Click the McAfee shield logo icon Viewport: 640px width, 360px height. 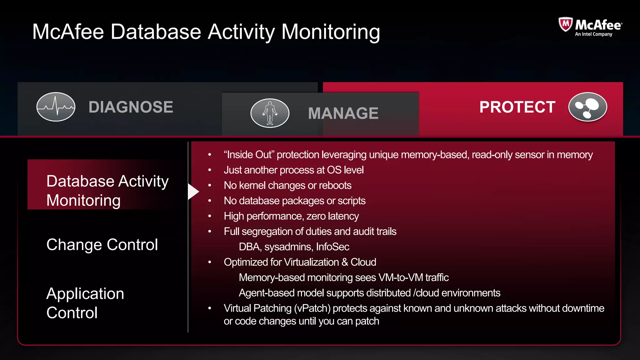(565, 24)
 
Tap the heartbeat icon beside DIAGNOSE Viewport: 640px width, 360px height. (56, 107)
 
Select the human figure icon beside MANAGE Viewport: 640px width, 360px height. (270, 113)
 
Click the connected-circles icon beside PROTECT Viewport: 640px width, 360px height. (587, 107)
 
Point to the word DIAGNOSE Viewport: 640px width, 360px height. (131, 107)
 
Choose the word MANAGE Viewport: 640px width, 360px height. (343, 113)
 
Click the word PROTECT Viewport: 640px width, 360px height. (517, 107)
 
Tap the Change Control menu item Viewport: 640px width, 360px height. (102, 244)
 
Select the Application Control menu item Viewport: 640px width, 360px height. (85, 303)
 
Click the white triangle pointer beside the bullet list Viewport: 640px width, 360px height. (193, 192)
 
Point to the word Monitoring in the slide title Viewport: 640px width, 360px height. (331, 32)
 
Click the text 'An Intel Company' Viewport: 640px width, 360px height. (593, 34)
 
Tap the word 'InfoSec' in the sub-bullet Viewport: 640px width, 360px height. (332, 247)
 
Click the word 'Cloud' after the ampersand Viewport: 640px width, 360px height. (363, 262)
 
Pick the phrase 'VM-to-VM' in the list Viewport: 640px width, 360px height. (401, 277)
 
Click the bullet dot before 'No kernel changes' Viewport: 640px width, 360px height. (210, 186)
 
